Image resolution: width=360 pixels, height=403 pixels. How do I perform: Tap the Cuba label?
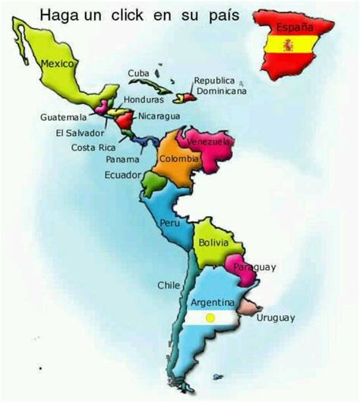click(137, 73)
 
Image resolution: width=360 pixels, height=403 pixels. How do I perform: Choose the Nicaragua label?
click(159, 116)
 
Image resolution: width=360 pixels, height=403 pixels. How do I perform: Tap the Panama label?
click(123, 160)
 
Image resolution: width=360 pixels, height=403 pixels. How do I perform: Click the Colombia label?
click(180, 160)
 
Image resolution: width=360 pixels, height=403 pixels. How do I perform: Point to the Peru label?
click(169, 223)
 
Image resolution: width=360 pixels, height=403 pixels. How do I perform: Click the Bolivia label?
click(213, 242)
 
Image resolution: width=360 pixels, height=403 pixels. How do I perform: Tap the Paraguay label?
click(254, 267)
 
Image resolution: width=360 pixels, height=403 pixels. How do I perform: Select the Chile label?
click(168, 285)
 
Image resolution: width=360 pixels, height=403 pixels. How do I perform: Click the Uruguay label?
click(276, 318)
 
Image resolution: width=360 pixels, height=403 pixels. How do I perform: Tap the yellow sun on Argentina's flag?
click(213, 316)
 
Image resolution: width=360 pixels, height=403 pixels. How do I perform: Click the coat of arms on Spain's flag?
click(288, 46)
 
